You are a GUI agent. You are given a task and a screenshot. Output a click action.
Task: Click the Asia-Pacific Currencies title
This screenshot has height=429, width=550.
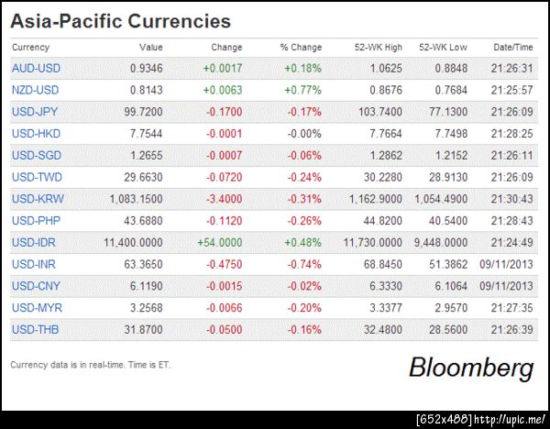120,21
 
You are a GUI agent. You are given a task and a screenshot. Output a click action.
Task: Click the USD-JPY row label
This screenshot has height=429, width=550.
35,112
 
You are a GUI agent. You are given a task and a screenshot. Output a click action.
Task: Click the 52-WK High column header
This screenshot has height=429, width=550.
378,48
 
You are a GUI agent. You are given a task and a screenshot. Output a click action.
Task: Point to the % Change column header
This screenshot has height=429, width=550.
301,48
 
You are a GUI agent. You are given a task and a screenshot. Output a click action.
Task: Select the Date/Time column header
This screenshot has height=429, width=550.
512,48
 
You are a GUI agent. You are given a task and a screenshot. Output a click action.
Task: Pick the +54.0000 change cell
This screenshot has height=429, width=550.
219,243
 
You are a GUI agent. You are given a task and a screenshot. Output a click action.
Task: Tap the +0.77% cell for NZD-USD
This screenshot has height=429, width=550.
302,90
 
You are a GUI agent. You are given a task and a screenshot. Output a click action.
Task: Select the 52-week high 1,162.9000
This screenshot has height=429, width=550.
372,199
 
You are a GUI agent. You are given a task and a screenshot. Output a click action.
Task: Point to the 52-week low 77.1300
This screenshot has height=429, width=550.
446,112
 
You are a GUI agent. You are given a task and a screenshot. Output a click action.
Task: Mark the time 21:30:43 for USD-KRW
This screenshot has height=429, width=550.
512,199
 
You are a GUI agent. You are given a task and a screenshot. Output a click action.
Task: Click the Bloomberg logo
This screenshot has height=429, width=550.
470,368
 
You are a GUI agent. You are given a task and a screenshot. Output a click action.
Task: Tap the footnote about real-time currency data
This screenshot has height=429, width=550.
90,365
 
